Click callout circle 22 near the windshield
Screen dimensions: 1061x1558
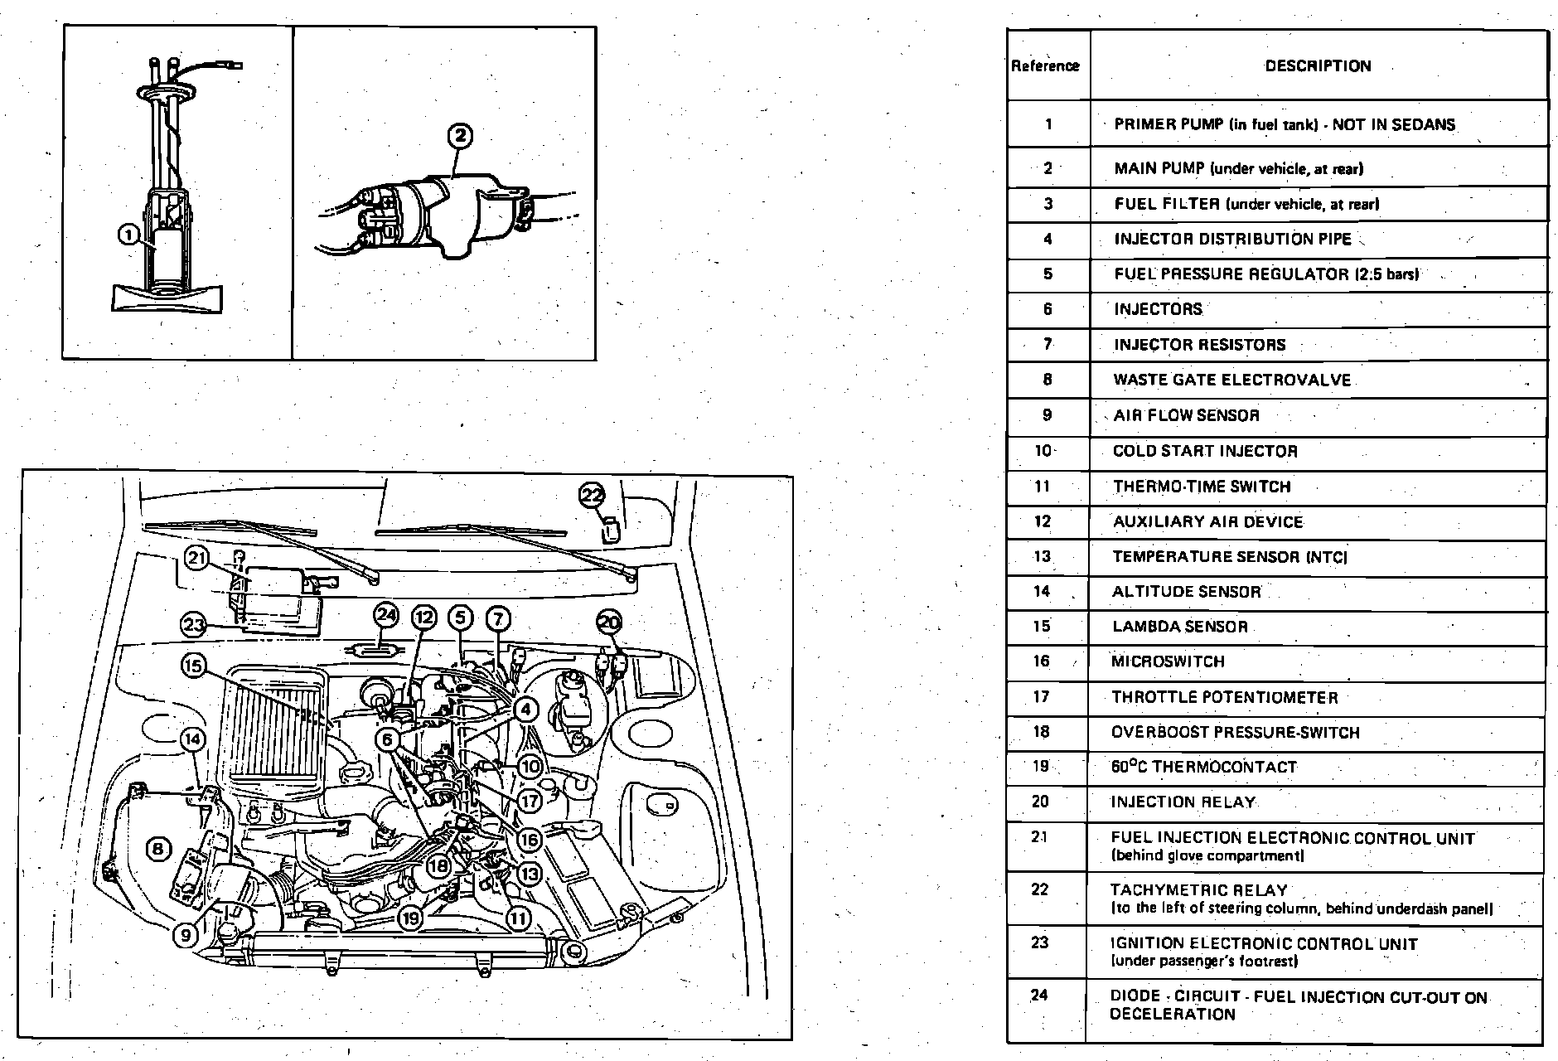click(x=592, y=496)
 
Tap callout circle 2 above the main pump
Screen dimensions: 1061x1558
click(x=461, y=136)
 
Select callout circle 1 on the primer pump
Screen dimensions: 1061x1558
click(x=128, y=235)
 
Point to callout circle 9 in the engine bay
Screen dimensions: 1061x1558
click(x=186, y=935)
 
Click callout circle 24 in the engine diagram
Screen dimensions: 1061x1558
click(x=386, y=615)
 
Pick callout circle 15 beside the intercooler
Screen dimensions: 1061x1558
click(x=193, y=666)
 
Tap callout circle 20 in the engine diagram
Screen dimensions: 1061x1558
click(x=609, y=623)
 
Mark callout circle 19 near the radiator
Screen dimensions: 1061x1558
click(x=410, y=918)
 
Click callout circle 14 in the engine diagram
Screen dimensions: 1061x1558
click(x=192, y=739)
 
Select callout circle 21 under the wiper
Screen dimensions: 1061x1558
click(x=196, y=558)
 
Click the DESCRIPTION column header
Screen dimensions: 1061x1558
click(x=1318, y=66)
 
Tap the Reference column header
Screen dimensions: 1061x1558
click(x=1046, y=66)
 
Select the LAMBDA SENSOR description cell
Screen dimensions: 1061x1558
click(x=1180, y=627)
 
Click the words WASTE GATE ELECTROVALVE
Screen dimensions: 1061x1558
click(x=1231, y=380)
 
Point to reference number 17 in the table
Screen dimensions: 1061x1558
click(x=1042, y=697)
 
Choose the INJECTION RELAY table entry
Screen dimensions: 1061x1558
click(x=1183, y=802)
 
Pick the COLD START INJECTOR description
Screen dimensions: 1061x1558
click(x=1205, y=451)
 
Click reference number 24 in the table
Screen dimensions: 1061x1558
click(x=1039, y=996)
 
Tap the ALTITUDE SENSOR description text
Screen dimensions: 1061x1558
click(x=1187, y=592)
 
